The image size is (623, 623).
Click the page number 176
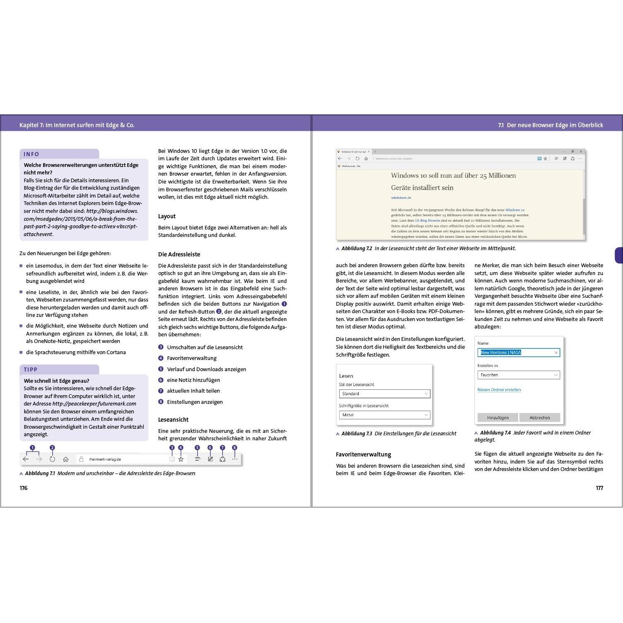pos(24,488)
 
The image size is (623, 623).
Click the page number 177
pos(599,488)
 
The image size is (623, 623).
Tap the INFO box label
pos(31,154)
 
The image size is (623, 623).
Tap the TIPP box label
pos(31,369)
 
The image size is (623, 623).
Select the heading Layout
pos(167,216)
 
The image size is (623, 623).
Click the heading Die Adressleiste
pos(179,254)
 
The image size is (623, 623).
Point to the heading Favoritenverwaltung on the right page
pos(363,454)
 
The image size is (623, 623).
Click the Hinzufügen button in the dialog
pos(497,418)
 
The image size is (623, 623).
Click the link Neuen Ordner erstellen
pos(499,390)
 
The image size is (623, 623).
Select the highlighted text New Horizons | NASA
pos(500,353)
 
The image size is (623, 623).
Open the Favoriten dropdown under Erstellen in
pos(518,375)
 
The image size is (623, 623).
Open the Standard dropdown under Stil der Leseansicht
pos(384,394)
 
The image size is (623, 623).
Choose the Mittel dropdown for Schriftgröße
pos(384,415)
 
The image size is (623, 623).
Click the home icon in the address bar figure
pos(65,459)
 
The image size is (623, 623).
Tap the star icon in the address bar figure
pos(181,459)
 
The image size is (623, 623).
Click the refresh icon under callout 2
pos(52,459)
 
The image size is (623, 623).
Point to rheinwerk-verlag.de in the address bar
pos(105,459)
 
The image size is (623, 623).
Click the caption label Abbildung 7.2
pos(356,249)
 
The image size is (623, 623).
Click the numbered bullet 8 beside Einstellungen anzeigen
pos(161,402)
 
